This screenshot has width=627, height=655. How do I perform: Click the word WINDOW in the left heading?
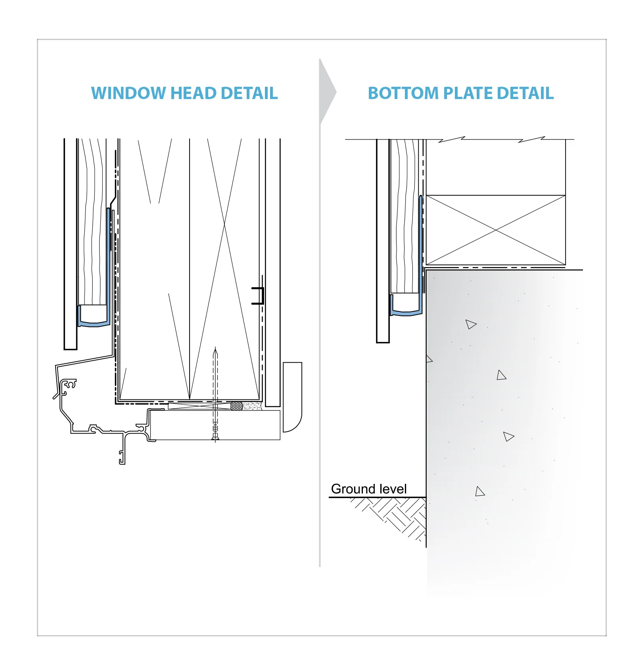click(x=128, y=94)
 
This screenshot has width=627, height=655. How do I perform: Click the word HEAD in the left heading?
click(x=193, y=94)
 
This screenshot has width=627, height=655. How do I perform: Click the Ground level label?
click(x=368, y=489)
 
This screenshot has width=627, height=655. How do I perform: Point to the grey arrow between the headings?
click(x=326, y=92)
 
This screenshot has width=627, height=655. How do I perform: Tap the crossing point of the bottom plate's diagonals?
click(x=496, y=230)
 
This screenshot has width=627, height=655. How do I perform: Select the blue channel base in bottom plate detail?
click(x=405, y=313)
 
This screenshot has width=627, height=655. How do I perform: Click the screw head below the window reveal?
click(x=215, y=438)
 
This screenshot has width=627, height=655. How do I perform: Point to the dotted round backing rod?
click(x=237, y=406)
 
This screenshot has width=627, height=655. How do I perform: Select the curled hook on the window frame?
click(x=71, y=384)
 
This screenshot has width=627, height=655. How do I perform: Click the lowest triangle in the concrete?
click(x=480, y=491)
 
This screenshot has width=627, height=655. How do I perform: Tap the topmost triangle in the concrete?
click(x=470, y=324)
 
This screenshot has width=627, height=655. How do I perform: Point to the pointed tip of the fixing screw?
click(x=215, y=350)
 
